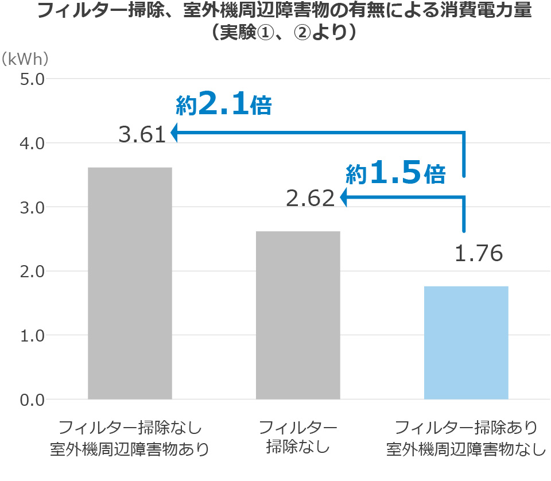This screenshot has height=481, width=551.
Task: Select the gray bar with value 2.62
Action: point(298,315)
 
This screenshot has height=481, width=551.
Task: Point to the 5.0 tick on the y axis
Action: point(32,79)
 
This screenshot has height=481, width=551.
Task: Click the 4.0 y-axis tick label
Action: point(32,143)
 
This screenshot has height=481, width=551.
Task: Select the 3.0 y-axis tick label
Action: point(32,207)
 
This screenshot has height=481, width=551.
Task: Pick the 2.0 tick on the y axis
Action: point(32,271)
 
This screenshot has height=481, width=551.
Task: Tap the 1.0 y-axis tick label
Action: point(32,335)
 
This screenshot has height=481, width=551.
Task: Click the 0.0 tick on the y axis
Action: point(32,399)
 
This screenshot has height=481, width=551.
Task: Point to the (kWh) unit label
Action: point(25,59)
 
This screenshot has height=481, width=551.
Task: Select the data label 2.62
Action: point(310,199)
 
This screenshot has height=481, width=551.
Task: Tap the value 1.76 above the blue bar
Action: point(479,253)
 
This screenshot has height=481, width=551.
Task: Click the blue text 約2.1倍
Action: point(223,105)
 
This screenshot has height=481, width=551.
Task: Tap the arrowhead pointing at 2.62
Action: point(343,198)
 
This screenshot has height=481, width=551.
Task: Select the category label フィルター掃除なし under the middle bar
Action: point(298,437)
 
